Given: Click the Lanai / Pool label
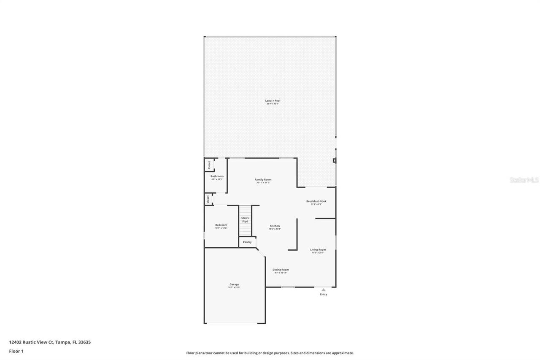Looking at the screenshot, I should (x=273, y=101).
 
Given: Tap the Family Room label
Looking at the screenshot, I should (x=263, y=180).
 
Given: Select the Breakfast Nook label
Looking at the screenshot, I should (x=316, y=201).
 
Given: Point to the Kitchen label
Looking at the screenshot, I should (x=275, y=226).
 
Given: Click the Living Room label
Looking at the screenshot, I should (x=318, y=250).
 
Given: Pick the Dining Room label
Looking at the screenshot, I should (x=281, y=270).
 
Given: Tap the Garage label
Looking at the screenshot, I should (x=234, y=284).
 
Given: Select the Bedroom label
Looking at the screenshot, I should (x=221, y=225).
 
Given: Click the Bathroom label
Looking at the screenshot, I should (x=217, y=176).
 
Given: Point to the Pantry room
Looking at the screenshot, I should (x=247, y=242).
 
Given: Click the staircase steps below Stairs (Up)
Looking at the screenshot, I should (x=245, y=230).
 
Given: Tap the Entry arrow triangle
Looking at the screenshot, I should (x=324, y=290).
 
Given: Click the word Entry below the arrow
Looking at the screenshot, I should (x=324, y=294).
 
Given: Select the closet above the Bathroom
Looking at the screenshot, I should (x=208, y=165).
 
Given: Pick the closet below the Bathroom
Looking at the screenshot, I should (x=208, y=199).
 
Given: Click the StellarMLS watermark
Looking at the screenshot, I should (x=524, y=180).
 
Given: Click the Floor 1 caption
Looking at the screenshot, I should (x=16, y=351).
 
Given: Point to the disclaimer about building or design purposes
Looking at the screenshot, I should (x=270, y=353).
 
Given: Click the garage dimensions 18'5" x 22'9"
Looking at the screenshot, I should (x=234, y=287).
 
